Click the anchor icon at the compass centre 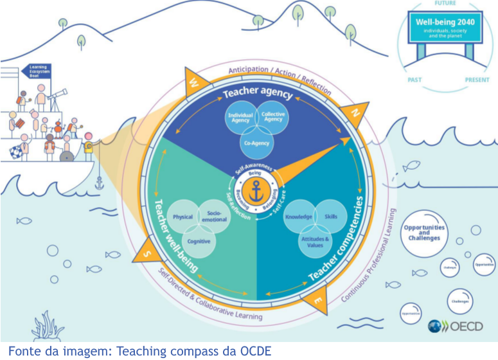(258, 191)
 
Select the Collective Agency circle (272, 118)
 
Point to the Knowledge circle (298, 217)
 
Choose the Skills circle (330, 217)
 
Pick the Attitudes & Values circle (314, 241)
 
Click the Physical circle (183, 217)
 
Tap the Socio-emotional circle (215, 217)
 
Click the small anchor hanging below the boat (99, 184)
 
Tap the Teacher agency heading (258, 94)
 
